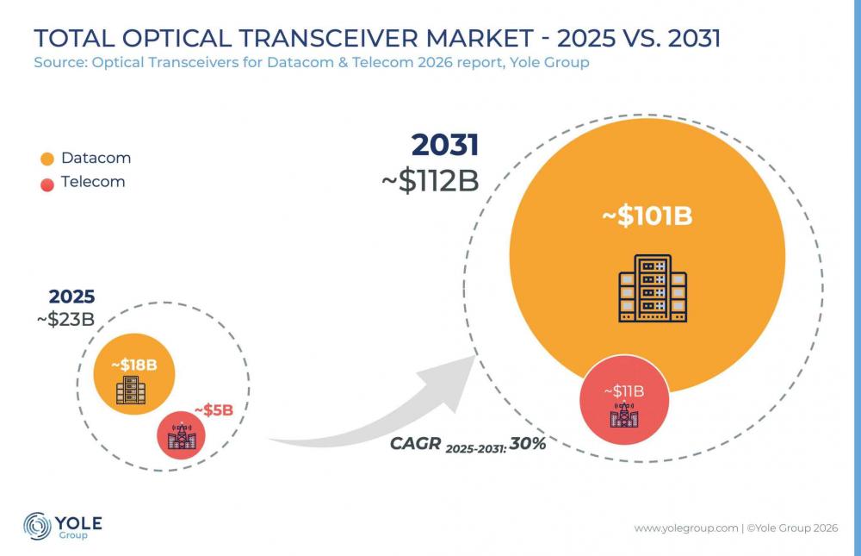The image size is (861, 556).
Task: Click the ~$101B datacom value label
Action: click(x=647, y=216)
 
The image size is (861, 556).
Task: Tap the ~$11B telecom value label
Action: click(x=623, y=391)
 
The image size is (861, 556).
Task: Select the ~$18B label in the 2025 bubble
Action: click(x=134, y=365)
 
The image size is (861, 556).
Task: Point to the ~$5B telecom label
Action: click(x=214, y=409)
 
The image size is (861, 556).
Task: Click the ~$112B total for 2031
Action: click(x=430, y=181)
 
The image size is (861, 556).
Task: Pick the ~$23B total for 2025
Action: click(x=66, y=319)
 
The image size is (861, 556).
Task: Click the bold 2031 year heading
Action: click(x=445, y=145)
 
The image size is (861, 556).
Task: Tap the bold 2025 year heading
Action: click(x=72, y=297)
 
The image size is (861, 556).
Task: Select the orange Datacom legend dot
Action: click(x=47, y=159)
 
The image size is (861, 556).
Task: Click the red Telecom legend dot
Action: click(x=47, y=184)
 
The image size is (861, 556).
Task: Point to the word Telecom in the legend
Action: click(x=93, y=182)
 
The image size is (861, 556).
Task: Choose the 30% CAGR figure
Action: click(x=527, y=443)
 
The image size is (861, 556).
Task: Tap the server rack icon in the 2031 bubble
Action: click(x=653, y=288)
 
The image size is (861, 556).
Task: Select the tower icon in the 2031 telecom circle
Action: click(x=624, y=415)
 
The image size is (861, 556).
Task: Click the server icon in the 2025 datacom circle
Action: click(x=131, y=390)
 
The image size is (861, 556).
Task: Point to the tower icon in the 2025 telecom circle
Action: click(x=181, y=435)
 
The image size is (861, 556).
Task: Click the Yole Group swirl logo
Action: click(x=37, y=526)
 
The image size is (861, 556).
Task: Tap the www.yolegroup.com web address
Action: click(x=686, y=528)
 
